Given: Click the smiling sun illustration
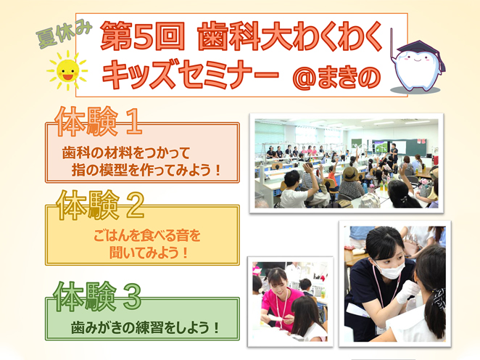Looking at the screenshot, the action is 67,70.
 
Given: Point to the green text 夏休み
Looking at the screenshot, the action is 64,33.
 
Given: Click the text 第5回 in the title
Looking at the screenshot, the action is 142,36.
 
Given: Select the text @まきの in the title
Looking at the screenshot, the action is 337,77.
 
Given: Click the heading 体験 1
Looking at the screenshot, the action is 99,122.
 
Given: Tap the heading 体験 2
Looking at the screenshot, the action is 100,205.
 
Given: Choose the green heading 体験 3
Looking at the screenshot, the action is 97,296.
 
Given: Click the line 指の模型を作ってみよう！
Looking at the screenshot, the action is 146,170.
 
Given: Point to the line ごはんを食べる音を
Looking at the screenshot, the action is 147,235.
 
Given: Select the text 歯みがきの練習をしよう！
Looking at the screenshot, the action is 146,327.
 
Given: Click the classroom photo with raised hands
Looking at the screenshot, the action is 347,163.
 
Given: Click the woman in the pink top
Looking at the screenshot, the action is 279,299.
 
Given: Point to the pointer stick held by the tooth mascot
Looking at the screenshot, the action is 391,46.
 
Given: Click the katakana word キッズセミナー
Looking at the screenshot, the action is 191,75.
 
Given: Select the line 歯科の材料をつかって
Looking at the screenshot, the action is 126,152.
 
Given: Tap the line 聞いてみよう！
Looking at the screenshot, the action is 148,253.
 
